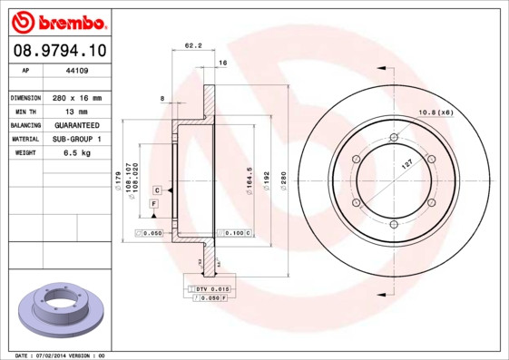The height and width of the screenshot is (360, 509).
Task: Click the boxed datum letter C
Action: click(157, 190)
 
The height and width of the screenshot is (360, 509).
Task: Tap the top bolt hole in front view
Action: click(394, 137)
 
